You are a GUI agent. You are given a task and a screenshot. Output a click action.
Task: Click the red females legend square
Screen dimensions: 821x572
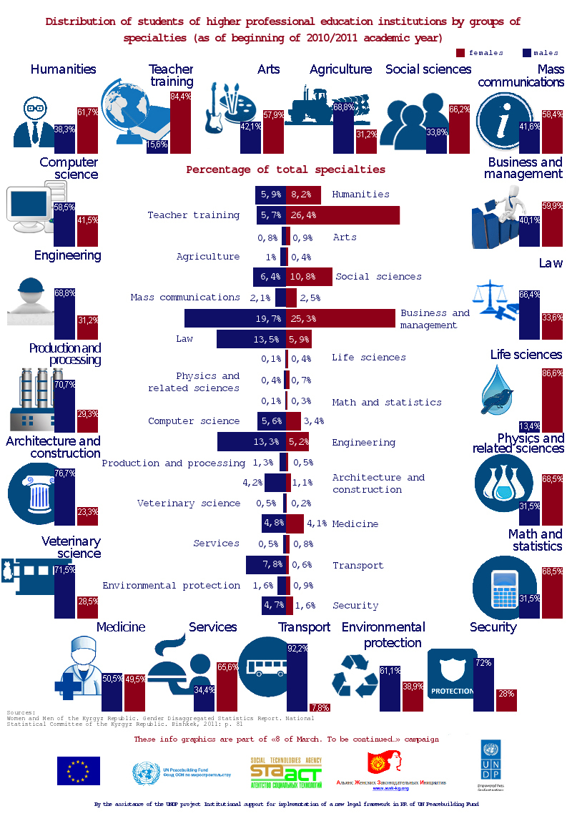(x=460, y=52)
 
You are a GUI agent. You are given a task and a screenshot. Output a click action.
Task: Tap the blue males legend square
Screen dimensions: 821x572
(x=527, y=52)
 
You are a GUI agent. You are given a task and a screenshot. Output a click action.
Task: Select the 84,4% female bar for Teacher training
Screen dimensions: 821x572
(x=180, y=123)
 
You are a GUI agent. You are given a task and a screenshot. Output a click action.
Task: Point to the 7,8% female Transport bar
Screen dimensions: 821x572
(x=320, y=707)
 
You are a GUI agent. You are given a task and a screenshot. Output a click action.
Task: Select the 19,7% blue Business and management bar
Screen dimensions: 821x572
(x=235, y=318)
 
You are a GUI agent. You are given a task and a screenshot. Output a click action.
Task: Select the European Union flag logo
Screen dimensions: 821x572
(x=79, y=770)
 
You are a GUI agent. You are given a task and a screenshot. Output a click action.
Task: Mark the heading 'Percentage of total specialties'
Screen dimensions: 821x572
(x=285, y=170)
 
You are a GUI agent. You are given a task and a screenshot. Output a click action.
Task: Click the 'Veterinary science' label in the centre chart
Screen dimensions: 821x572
(x=189, y=503)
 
